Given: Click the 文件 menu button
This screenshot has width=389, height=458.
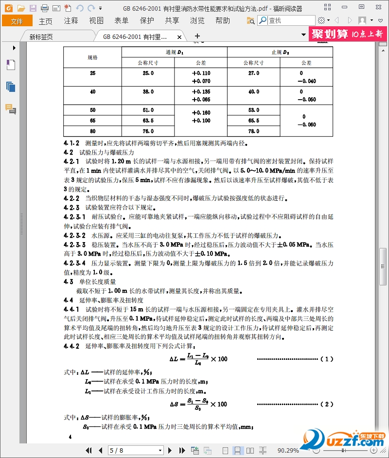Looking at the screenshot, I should click(17, 21).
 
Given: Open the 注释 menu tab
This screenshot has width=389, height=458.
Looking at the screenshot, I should click(71, 21).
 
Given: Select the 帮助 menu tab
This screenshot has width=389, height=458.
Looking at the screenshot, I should click(223, 21).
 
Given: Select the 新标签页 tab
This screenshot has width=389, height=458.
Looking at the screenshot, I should click(41, 37).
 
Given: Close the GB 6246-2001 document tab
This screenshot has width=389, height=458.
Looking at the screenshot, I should click(179, 37).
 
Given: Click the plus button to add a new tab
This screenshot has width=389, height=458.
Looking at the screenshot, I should click(197, 36).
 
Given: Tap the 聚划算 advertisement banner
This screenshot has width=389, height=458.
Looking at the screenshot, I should click(348, 34).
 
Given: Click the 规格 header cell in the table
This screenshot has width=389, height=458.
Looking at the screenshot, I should click(92, 57).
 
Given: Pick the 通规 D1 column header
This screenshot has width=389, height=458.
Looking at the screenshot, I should click(174, 52).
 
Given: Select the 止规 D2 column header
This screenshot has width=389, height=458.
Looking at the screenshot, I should click(280, 52).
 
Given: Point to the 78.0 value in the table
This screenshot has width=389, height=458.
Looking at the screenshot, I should click(254, 131).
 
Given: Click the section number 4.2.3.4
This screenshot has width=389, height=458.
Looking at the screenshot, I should click(74, 263).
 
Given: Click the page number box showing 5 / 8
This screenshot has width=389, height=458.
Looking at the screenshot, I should click(136, 450).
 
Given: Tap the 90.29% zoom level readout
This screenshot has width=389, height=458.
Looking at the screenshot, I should click(288, 450).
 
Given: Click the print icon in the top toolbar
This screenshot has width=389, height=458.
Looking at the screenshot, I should click(44, 8).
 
